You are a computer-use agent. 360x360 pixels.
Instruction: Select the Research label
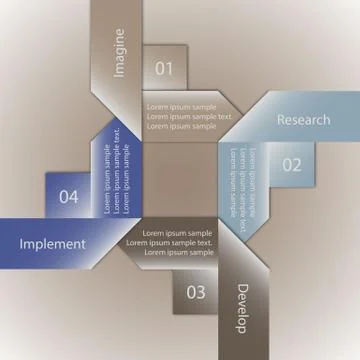303,120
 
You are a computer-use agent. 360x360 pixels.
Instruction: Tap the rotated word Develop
240,308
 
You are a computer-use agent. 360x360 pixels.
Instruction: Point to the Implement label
52,243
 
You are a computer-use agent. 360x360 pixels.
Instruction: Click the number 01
164,68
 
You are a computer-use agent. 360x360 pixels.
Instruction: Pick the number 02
290,165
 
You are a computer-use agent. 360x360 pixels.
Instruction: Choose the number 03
196,292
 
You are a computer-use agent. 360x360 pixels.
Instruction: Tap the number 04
68,197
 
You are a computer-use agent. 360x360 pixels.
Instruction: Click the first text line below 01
180,106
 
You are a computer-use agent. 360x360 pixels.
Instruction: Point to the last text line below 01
180,127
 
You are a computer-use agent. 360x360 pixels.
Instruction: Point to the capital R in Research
281,120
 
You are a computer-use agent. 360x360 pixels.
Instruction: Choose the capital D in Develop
240,289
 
